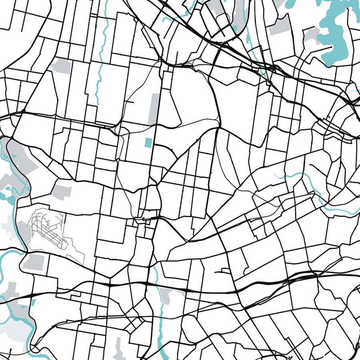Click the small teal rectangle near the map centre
[x=148, y=142]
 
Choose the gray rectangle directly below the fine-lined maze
[x=34, y=262]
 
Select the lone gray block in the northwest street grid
[x=60, y=65]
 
